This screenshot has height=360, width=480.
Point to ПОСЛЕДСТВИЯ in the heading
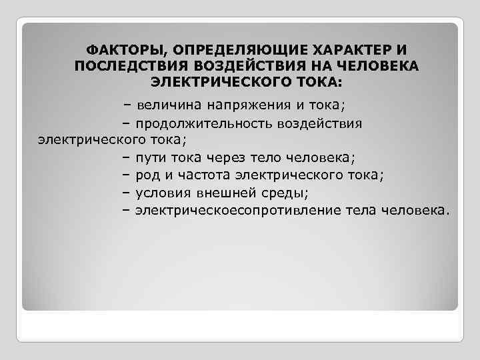[x=131, y=67]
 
